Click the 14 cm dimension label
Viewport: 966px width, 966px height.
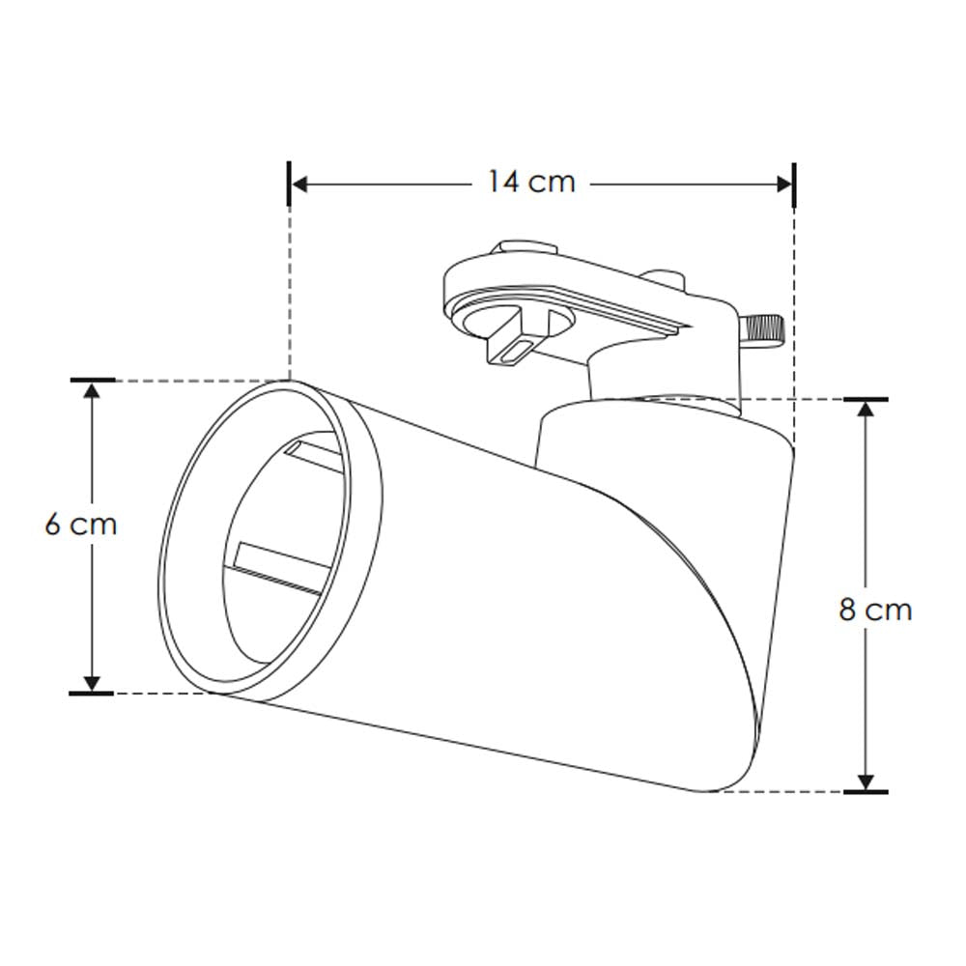[530, 182]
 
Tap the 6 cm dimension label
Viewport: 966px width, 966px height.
[80, 525]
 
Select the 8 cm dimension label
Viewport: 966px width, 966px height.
[875, 610]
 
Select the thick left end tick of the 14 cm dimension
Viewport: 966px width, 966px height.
[290, 184]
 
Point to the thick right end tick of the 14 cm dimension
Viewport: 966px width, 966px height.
[794, 184]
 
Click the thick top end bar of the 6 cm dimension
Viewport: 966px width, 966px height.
[93, 380]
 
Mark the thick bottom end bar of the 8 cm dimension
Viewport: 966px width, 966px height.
[866, 792]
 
